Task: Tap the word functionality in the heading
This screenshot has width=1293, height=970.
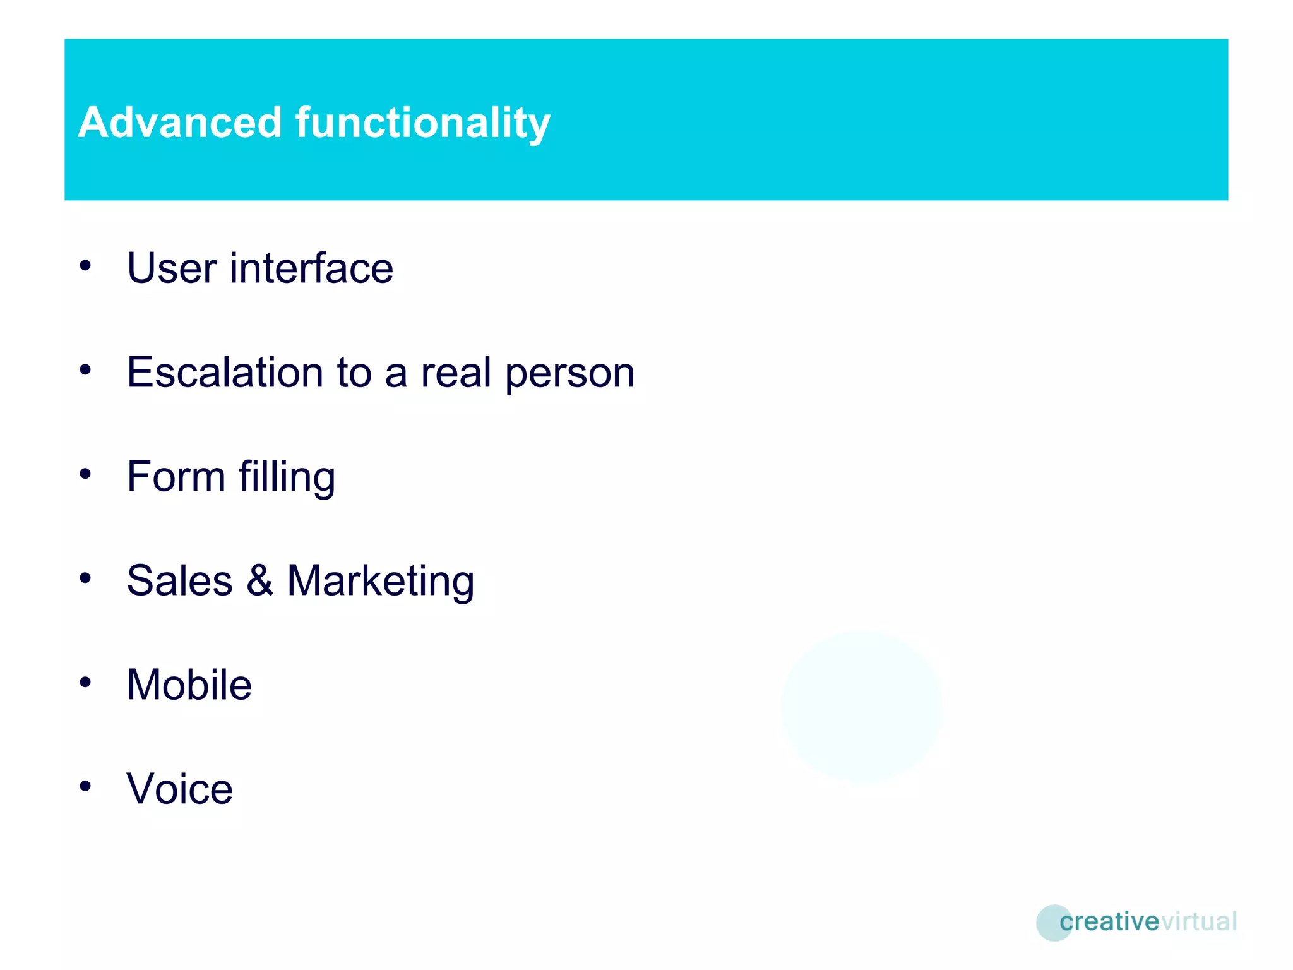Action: (423, 123)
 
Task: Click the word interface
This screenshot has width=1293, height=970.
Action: (311, 268)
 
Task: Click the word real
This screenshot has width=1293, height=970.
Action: (456, 372)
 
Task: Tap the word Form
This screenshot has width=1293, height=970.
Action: (176, 476)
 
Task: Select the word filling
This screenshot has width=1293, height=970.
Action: (287, 477)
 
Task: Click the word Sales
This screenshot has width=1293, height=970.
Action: (179, 580)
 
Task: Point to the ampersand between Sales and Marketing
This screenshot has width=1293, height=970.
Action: (259, 580)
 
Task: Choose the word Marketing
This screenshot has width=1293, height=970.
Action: (380, 582)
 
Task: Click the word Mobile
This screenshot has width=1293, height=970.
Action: (189, 685)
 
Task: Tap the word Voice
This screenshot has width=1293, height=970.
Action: (179, 789)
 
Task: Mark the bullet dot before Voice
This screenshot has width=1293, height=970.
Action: (85, 786)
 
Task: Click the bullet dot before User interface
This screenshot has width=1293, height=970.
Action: (85, 265)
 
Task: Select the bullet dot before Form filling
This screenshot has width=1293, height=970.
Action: (85, 474)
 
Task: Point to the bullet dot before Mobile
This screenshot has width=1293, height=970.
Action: (85, 682)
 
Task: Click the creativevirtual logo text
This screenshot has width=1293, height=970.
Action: (1148, 921)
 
